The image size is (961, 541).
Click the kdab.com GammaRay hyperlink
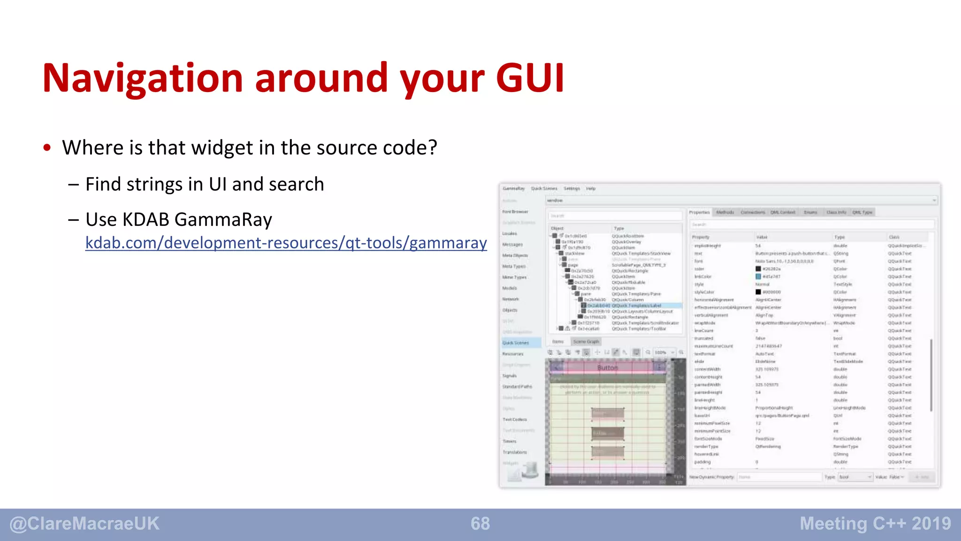(286, 243)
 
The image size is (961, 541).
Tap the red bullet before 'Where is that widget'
(47, 148)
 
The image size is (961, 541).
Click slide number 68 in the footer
(480, 524)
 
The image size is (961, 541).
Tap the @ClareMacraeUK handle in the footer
(84, 524)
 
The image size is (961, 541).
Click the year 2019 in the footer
(931, 524)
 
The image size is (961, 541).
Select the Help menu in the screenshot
(591, 189)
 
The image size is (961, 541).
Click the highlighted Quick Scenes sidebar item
(516, 343)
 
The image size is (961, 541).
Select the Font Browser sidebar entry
(515, 212)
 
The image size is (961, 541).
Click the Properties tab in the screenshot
(699, 212)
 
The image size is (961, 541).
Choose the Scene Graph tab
(586, 341)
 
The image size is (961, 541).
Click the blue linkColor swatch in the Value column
(758, 277)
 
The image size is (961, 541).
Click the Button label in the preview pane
(607, 368)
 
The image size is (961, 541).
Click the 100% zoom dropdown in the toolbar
(664, 352)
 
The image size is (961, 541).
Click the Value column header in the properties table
(762, 237)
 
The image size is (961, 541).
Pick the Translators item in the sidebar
(515, 452)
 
